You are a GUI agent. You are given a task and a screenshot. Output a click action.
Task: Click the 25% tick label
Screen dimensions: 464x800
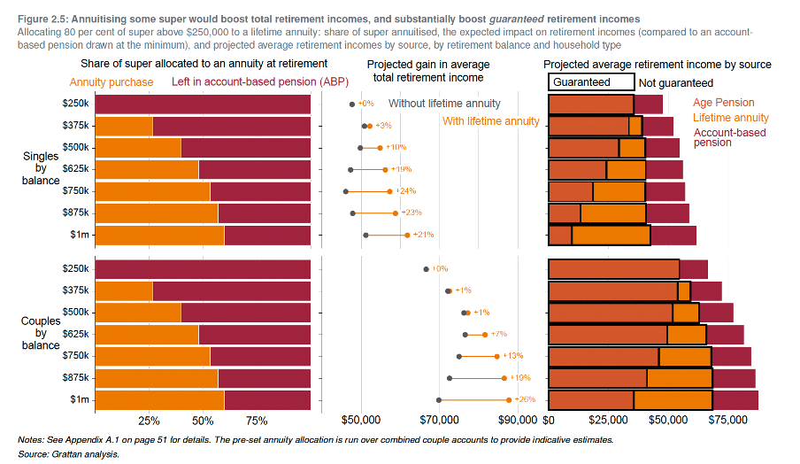coord(150,420)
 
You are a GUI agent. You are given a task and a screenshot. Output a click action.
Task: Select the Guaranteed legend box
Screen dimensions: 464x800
coord(591,82)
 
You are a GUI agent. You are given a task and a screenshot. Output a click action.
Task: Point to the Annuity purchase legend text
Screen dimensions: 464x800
coord(112,82)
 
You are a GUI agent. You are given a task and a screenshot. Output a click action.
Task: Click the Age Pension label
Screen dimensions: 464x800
coord(725,103)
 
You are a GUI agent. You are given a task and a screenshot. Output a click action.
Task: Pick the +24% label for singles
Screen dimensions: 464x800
coord(406,190)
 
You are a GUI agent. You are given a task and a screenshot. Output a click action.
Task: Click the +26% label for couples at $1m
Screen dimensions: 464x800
coord(526,399)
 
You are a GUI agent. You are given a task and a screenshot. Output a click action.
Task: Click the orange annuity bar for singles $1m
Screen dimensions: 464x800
coord(159,235)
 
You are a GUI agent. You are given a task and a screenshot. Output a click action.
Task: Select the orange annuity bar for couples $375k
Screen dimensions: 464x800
coord(123,290)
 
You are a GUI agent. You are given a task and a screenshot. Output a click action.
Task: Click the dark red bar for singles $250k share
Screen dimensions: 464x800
coord(202,104)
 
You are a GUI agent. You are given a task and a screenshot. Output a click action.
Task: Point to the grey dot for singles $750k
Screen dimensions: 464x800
coord(346,191)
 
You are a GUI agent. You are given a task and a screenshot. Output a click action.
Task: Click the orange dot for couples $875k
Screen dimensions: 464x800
coord(504,378)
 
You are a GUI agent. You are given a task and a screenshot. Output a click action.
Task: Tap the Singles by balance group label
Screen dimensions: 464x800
coord(41,168)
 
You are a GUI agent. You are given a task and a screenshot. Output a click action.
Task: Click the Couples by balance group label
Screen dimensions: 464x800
coord(41,333)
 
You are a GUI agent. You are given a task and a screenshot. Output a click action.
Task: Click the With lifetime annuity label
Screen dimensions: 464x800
coord(490,121)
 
